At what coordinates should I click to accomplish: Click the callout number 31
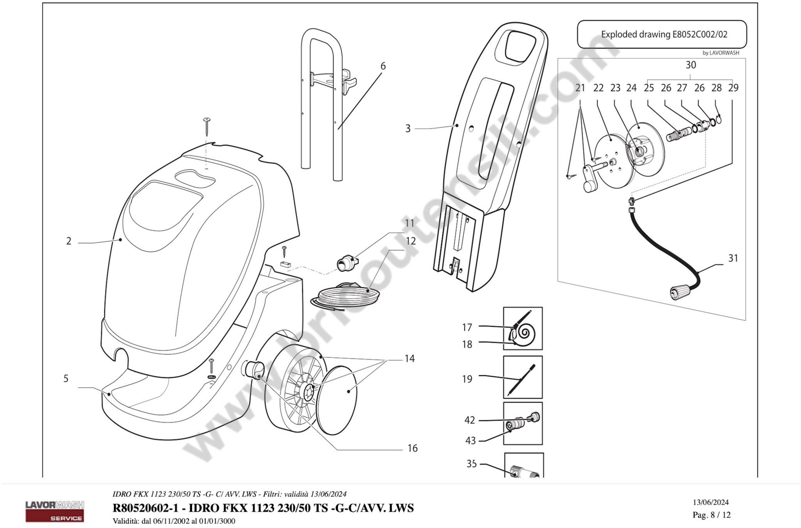(733, 258)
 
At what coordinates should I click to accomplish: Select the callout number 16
(413, 448)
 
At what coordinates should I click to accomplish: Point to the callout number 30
(691, 65)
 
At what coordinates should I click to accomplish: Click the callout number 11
(409, 223)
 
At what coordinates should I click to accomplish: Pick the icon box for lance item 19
(523, 377)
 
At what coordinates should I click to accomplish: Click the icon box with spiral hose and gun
(523, 328)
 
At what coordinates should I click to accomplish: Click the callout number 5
(66, 378)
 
